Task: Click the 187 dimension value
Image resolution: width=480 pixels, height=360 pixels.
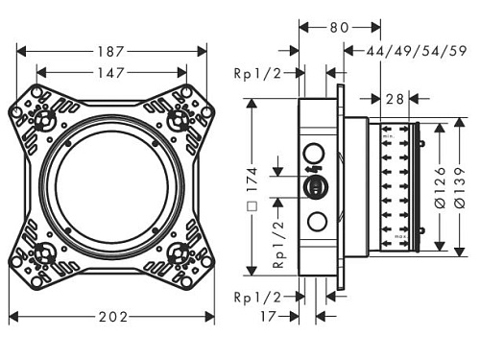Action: (110, 52)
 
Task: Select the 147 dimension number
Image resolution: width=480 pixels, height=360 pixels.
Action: (110, 73)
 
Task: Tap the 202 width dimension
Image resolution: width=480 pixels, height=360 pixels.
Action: (113, 317)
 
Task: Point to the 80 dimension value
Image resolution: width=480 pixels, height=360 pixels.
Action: (339, 28)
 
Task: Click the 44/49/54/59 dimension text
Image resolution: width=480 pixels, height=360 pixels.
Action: (417, 51)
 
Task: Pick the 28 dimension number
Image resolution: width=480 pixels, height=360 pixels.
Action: (395, 99)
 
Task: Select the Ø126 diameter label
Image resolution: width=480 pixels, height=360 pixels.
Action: (441, 187)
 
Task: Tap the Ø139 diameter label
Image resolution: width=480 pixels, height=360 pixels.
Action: (461, 187)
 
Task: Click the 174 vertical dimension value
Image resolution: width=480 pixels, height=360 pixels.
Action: (252, 180)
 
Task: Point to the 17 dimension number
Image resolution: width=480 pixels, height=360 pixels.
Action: (268, 317)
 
